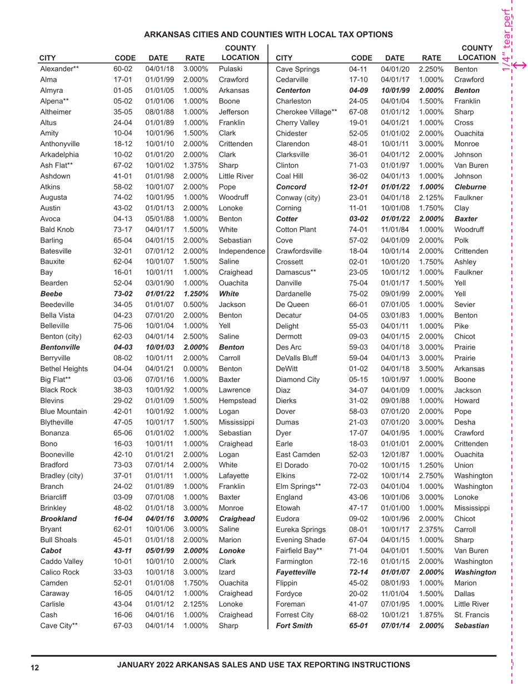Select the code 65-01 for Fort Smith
[359, 626]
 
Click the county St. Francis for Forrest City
[471, 614]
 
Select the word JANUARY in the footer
[141, 665]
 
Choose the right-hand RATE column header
[430, 57]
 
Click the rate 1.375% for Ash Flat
[192, 165]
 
